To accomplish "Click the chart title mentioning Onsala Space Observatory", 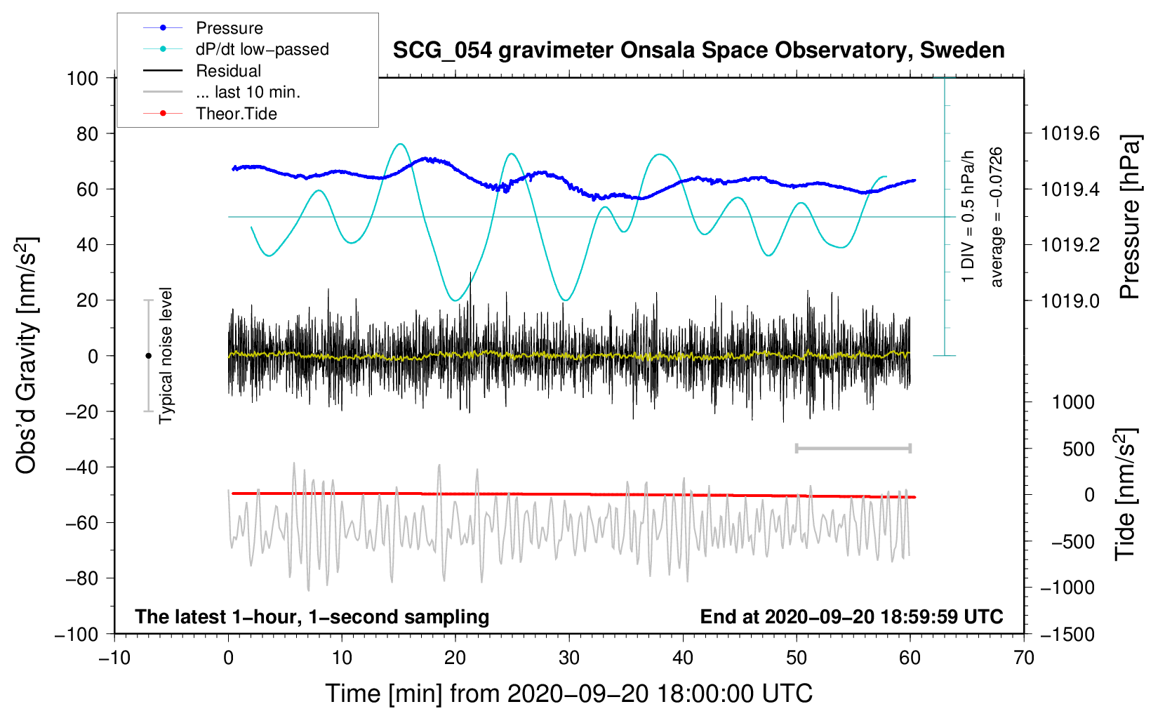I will pos(698,51).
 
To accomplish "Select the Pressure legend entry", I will pos(229,28).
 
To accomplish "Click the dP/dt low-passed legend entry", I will pos(262,49).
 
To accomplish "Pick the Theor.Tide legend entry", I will pos(236,114).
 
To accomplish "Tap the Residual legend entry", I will pos(228,71).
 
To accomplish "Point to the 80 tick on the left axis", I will pos(83,133).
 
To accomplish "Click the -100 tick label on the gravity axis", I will pos(77,634).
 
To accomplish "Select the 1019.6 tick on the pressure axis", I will pos(1070,133).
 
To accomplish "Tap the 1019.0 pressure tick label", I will pos(1070,300).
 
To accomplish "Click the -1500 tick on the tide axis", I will pos(1067,634).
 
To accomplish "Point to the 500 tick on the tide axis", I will pos(1078,449).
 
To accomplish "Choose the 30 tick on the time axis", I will pos(569,658).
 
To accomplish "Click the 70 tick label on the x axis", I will pos(1024,658).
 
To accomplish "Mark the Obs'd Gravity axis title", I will pos(27,356).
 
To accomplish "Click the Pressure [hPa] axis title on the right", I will pos(1129,218).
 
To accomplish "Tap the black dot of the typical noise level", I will pos(148,356).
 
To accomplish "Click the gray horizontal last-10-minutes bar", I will pos(853,448).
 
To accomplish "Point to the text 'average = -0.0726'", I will pos(997,218).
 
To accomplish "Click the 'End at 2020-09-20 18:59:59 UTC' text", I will pos(851,616).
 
